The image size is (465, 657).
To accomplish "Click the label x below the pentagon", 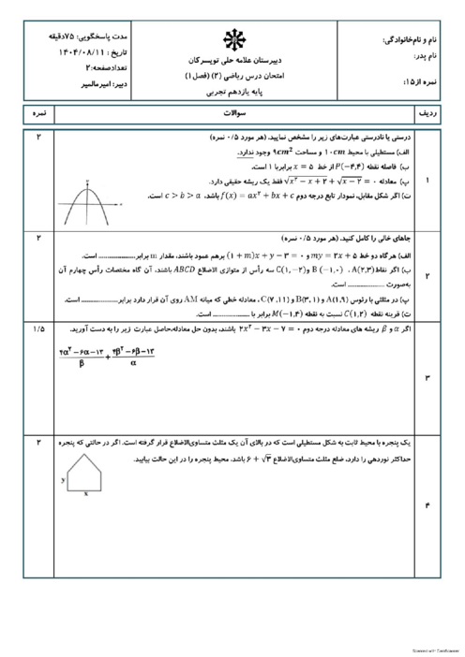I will pyautogui.click(x=86, y=494).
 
